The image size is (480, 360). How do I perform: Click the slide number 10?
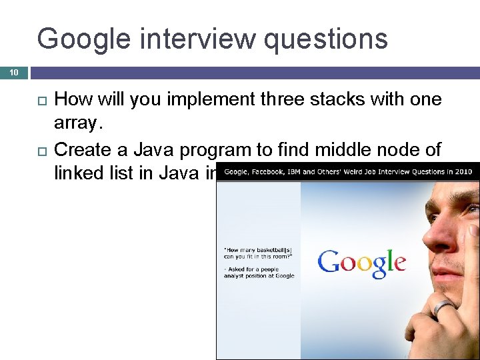click(x=13, y=72)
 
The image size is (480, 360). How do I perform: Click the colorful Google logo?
click(x=361, y=261)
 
